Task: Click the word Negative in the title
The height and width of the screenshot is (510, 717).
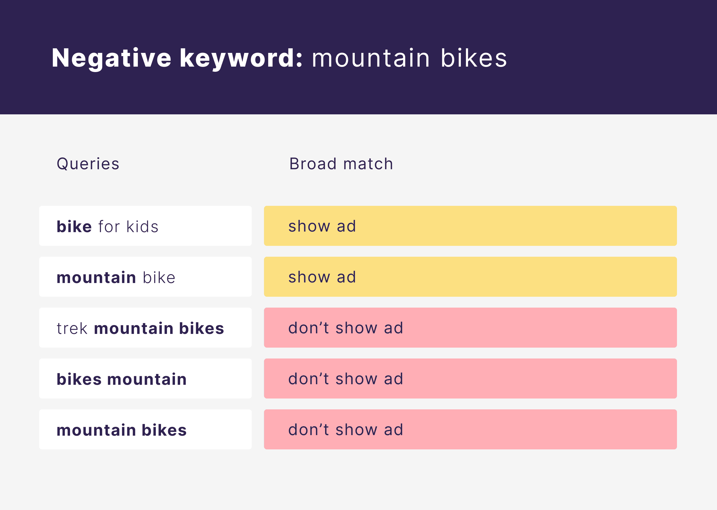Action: (111, 58)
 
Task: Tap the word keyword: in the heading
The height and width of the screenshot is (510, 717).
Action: (241, 58)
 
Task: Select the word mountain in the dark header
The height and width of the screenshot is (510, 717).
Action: (371, 58)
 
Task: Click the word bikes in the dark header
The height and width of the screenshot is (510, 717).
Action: (474, 58)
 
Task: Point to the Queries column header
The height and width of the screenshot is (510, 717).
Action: (88, 164)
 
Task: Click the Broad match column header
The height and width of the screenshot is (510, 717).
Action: (341, 164)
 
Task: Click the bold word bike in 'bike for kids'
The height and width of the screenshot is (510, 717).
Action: (74, 227)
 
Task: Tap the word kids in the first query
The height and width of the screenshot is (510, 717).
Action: (142, 227)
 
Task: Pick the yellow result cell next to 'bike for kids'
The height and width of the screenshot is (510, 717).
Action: (470, 226)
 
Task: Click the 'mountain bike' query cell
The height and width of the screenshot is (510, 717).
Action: (145, 277)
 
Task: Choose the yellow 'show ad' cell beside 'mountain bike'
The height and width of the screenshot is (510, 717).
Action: (470, 277)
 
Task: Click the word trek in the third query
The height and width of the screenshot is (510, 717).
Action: (72, 328)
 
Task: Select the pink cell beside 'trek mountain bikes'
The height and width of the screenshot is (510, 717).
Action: (470, 328)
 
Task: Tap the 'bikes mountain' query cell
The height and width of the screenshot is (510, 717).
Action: (145, 378)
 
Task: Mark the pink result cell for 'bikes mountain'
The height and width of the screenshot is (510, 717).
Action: (470, 378)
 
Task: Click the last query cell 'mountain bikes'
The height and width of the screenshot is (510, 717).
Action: (145, 429)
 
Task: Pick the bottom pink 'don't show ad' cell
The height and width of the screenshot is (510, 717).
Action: (470, 429)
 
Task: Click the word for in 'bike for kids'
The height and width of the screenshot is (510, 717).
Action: (109, 227)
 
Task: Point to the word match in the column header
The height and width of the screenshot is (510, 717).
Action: (368, 164)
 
